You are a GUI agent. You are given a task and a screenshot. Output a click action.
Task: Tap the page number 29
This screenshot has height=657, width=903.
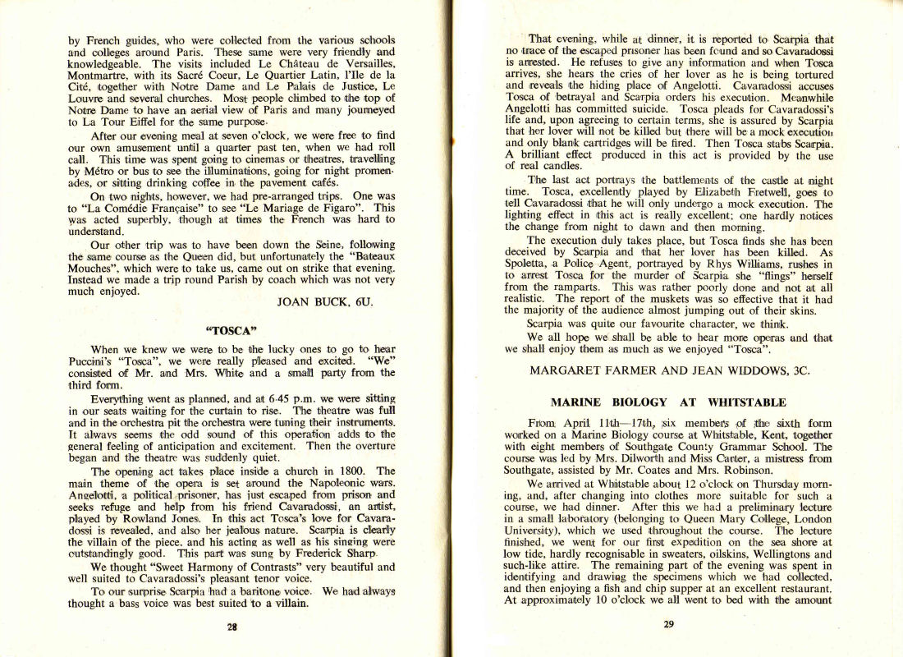668,623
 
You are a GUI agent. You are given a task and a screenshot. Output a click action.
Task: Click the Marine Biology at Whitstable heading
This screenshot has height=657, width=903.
668,402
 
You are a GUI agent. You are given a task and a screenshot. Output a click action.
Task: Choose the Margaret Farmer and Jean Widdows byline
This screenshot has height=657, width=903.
669,370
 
